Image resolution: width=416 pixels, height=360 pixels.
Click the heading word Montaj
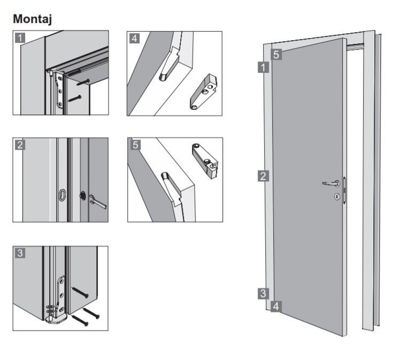(x=33, y=19)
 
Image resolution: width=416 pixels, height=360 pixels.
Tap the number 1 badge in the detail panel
(x=20, y=37)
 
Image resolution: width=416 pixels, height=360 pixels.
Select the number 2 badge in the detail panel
(x=20, y=145)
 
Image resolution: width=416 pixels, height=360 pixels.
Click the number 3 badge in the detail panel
(x=20, y=253)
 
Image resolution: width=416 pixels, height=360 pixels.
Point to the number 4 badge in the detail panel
(x=134, y=39)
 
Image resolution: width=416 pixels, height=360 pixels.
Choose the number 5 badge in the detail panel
(x=135, y=145)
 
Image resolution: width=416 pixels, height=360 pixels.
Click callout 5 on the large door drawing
(x=276, y=55)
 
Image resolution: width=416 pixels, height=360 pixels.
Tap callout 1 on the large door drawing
(x=263, y=67)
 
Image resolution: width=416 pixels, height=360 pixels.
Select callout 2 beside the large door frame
(x=263, y=176)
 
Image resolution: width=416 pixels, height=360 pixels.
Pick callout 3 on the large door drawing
(x=263, y=294)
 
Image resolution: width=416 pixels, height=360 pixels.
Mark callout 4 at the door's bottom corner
(x=276, y=307)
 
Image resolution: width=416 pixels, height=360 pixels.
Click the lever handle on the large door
(x=332, y=183)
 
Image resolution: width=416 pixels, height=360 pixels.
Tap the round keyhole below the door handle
(x=337, y=197)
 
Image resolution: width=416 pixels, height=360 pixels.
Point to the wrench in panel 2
(x=98, y=202)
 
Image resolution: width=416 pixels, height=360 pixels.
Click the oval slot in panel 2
(x=62, y=195)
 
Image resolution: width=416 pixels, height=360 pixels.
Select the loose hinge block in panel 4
(x=204, y=91)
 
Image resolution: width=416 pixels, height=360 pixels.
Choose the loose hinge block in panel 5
(x=205, y=160)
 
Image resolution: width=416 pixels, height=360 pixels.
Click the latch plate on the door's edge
(x=345, y=190)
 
